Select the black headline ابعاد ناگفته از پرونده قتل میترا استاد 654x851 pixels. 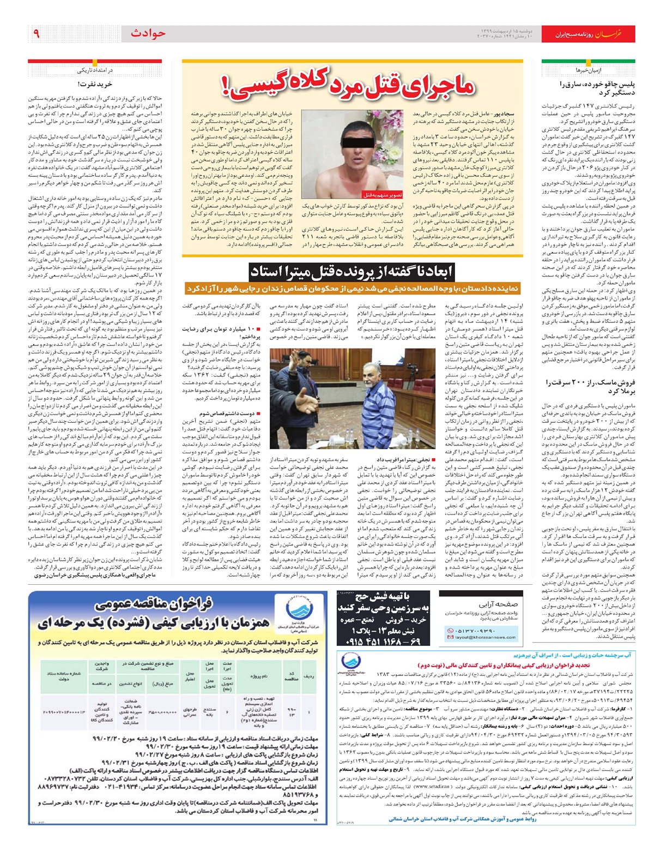[x=352, y=272]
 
